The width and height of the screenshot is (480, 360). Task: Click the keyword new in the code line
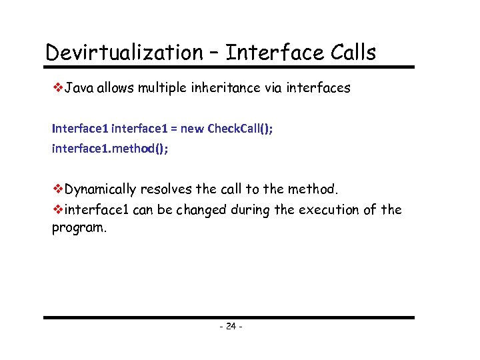click(193, 129)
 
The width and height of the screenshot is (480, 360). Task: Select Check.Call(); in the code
click(240, 129)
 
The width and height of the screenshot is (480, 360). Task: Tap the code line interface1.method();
click(110, 149)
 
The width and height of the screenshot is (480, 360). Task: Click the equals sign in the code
click(174, 129)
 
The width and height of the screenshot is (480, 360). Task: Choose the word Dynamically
click(101, 190)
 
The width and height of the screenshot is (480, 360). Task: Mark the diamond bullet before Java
click(57, 88)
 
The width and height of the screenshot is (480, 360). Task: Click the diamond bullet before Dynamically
click(57, 190)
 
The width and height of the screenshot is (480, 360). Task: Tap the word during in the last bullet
click(251, 210)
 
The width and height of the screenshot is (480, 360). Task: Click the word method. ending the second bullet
click(315, 190)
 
